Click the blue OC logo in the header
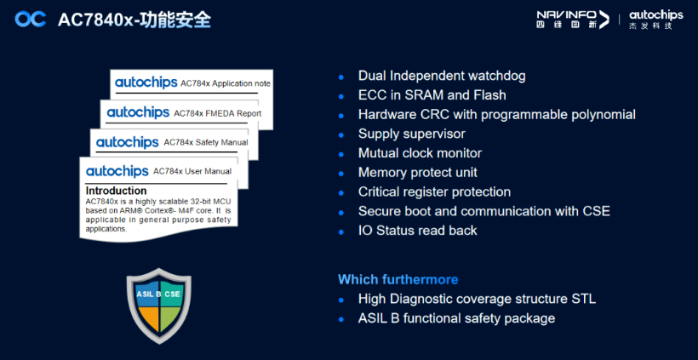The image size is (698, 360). click(x=31, y=19)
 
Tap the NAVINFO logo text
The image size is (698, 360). click(x=567, y=15)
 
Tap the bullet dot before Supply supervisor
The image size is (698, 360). click(x=341, y=134)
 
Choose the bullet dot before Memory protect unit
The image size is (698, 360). click(x=341, y=174)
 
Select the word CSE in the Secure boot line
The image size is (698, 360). click(x=595, y=211)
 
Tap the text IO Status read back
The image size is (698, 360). click(x=418, y=231)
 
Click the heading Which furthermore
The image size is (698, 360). click(x=398, y=279)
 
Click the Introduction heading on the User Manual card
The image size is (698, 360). click(x=116, y=191)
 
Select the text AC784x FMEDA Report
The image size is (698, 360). click(x=218, y=113)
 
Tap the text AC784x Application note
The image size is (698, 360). click(x=226, y=83)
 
